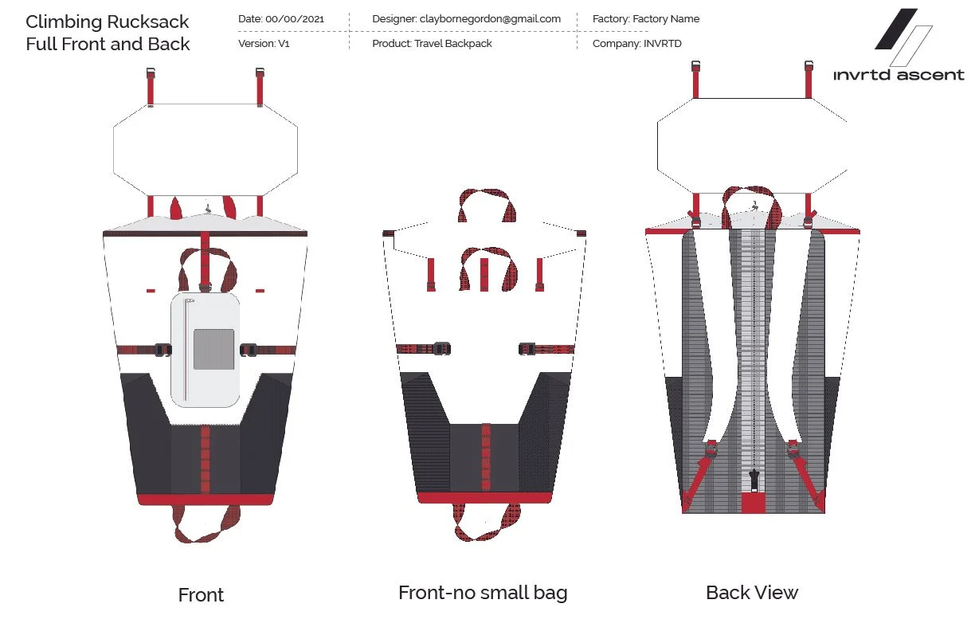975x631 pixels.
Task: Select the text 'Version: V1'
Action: pyautogui.click(x=264, y=44)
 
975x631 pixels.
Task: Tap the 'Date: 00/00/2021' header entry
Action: pyautogui.click(x=281, y=18)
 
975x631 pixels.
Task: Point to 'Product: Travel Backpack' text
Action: pyautogui.click(x=432, y=44)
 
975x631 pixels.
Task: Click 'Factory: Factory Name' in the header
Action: pyautogui.click(x=646, y=18)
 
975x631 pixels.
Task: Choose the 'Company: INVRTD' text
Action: pyautogui.click(x=637, y=44)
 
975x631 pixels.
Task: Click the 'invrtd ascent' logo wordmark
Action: pyautogui.click(x=899, y=75)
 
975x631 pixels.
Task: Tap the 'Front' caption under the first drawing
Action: pyautogui.click(x=201, y=595)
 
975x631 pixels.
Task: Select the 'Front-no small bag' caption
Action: pyautogui.click(x=483, y=593)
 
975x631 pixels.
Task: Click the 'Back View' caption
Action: pyautogui.click(x=752, y=593)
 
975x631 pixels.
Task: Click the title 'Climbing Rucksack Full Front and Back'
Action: pyautogui.click(x=108, y=33)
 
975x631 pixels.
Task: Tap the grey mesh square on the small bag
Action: pyautogui.click(x=214, y=350)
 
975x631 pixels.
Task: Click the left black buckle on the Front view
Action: pyautogui.click(x=162, y=349)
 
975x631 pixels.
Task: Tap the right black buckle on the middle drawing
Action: pyautogui.click(x=528, y=348)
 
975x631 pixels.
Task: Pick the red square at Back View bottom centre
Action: pyautogui.click(x=753, y=503)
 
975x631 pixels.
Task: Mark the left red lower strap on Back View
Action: pyautogui.click(x=697, y=478)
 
